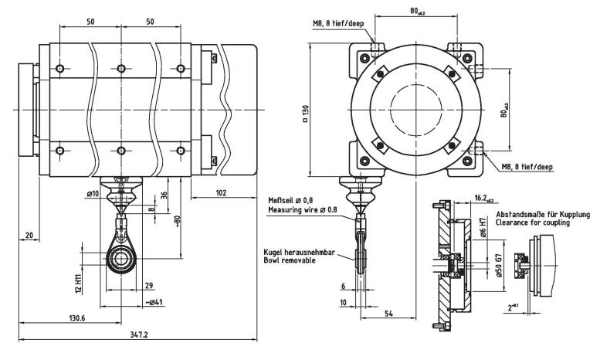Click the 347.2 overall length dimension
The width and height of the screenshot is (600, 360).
click(138, 335)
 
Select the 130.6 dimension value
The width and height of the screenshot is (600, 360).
click(77, 318)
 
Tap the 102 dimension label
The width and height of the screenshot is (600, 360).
click(221, 192)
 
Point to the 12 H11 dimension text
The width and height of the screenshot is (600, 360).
click(79, 284)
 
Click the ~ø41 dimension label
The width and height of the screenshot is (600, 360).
click(154, 302)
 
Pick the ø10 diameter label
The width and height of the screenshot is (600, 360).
click(93, 194)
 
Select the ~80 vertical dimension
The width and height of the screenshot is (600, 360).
click(177, 222)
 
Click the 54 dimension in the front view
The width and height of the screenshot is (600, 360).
click(388, 314)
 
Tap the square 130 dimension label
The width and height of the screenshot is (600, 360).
click(305, 114)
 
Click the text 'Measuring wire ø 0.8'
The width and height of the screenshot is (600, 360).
click(303, 209)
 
